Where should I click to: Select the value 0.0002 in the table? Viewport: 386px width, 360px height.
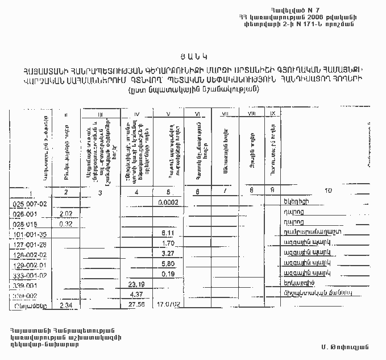169,202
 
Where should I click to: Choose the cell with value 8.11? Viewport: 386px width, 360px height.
167,234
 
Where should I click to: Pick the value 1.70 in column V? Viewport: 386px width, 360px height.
167,244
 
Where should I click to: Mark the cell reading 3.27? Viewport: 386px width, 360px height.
167,254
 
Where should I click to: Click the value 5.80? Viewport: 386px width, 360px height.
167,264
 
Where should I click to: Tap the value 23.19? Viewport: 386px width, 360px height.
136,284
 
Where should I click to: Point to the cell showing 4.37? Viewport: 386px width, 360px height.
136,295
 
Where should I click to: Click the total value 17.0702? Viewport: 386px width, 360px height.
168,305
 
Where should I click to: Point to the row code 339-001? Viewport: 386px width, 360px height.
27,285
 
